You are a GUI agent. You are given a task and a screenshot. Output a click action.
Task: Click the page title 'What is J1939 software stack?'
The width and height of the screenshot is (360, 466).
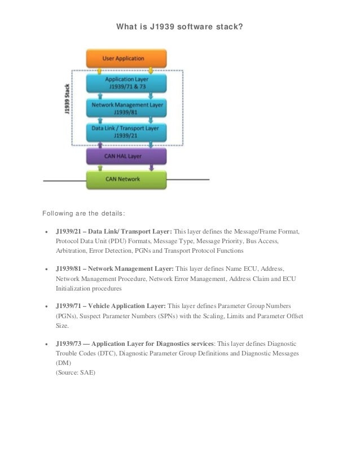[x=179, y=26]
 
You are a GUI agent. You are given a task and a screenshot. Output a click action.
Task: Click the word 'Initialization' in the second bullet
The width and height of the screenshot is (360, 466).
[x=74, y=288]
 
